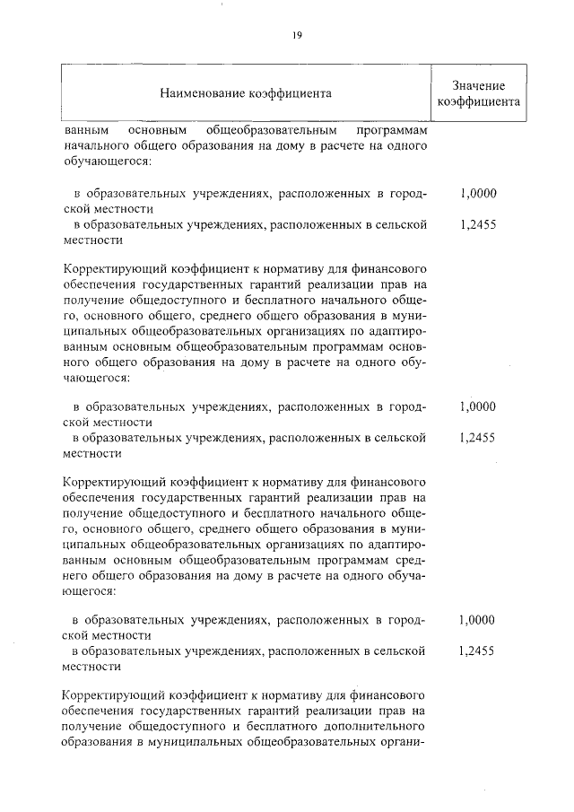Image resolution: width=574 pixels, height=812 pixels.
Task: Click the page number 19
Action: click(x=297, y=35)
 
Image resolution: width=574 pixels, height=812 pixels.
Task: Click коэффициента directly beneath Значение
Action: click(x=478, y=102)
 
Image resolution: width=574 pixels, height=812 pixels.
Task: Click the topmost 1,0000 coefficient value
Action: click(x=477, y=193)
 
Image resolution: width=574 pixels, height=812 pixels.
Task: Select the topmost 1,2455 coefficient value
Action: click(x=477, y=225)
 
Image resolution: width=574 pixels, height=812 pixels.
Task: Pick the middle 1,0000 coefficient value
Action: click(x=477, y=406)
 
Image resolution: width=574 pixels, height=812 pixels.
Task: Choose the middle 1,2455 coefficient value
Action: click(x=477, y=439)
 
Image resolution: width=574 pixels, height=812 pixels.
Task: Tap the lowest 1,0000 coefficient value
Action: click(x=477, y=620)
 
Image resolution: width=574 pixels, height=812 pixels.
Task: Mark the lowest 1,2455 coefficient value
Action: click(x=477, y=652)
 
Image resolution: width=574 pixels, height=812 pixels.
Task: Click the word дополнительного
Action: click(x=367, y=726)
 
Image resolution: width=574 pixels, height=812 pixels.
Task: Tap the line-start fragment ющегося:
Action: click(x=91, y=592)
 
